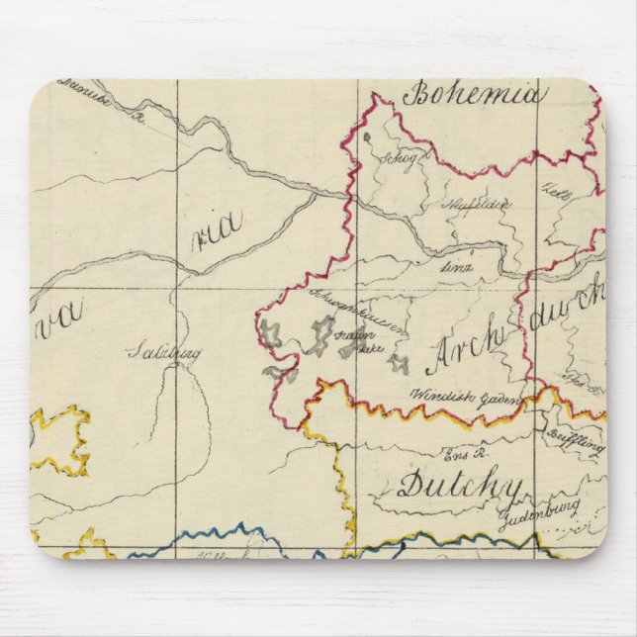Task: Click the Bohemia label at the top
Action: pos(474,95)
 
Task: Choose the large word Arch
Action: pos(466,352)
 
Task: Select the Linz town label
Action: pos(457,265)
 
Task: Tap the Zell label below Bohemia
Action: pos(550,188)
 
